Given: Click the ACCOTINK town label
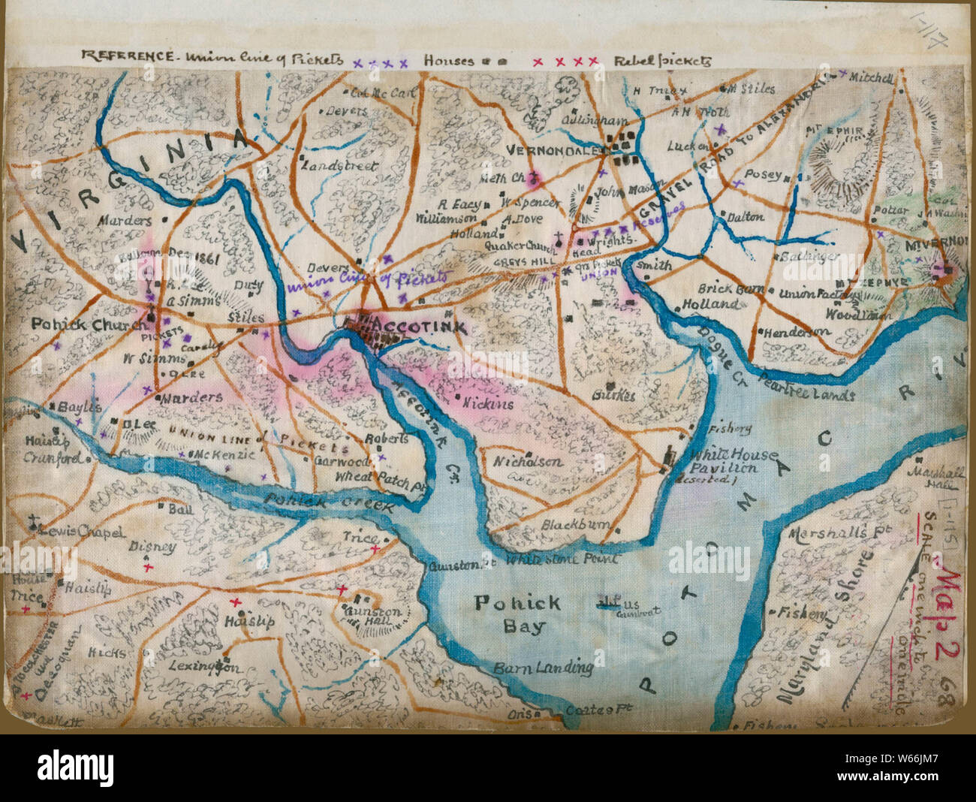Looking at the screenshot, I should pos(421,328).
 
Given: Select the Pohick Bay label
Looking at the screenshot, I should pos(517,614).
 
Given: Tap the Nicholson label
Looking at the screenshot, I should pos(527,461).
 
